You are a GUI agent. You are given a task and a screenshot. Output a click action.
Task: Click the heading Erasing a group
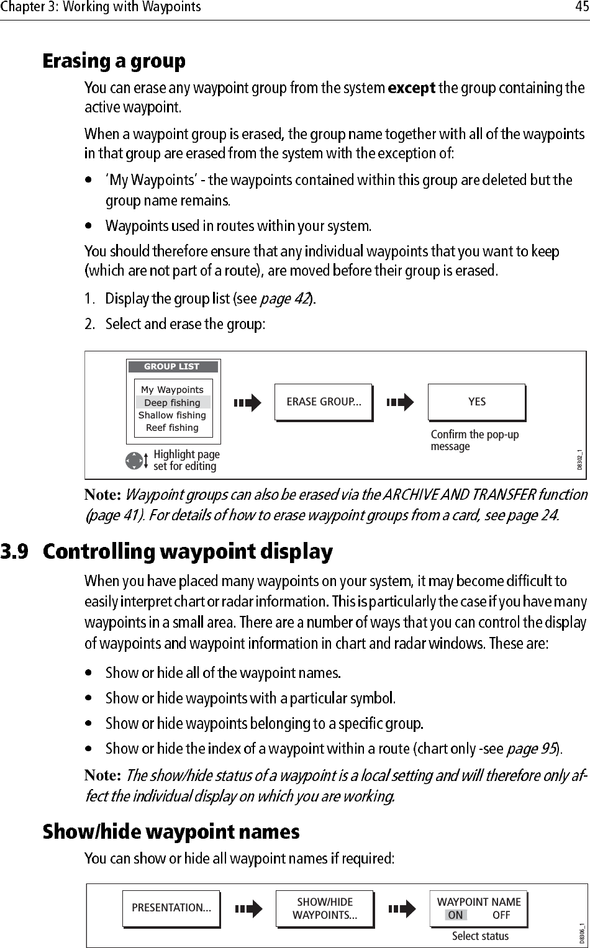pyautogui.click(x=114, y=61)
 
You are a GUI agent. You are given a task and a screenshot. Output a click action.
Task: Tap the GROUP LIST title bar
pyautogui.click(x=172, y=366)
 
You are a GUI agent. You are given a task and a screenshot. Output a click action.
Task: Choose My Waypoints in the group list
pyautogui.click(x=172, y=390)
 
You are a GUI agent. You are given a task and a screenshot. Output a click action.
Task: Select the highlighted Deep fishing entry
pyautogui.click(x=172, y=402)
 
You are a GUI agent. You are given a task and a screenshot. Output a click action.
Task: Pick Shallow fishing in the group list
pyautogui.click(x=172, y=415)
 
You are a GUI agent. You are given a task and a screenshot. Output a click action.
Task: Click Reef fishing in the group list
pyautogui.click(x=172, y=427)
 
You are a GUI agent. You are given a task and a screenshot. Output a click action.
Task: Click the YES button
pyautogui.click(x=476, y=402)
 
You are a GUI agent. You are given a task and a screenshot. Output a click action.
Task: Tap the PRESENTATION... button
pyautogui.click(x=171, y=908)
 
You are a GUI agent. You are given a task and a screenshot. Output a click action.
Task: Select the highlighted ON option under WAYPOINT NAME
pyautogui.click(x=455, y=914)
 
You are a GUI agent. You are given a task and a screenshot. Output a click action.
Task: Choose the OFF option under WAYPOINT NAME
pyautogui.click(x=501, y=914)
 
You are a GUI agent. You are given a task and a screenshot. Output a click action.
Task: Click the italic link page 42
pyautogui.click(x=284, y=299)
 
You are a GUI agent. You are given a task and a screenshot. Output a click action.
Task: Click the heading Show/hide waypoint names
pyautogui.click(x=171, y=831)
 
